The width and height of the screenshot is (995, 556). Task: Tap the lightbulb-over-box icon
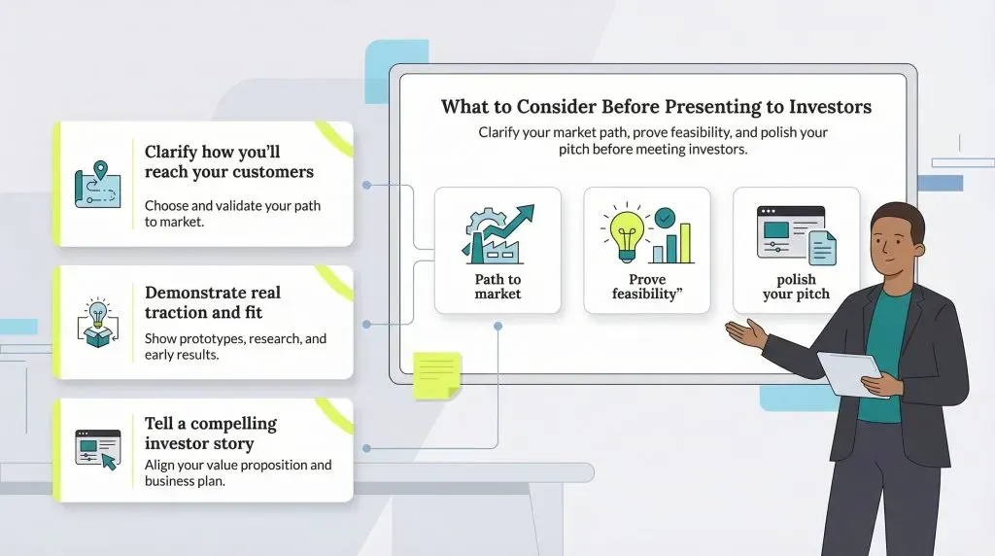[x=98, y=323]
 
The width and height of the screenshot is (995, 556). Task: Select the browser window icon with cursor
[x=98, y=449]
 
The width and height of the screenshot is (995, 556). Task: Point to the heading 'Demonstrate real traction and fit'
[x=213, y=302]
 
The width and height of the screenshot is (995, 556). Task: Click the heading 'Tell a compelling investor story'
[x=211, y=433]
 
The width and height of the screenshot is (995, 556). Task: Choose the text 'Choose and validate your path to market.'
[x=232, y=213]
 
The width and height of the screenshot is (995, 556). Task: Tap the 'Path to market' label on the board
[x=497, y=286]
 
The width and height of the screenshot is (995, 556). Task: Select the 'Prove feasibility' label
[x=646, y=286]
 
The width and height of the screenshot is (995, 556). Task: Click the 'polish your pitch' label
[x=796, y=286]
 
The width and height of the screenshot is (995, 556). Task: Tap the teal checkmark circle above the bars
[x=665, y=218]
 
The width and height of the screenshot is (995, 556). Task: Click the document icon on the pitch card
[x=822, y=248]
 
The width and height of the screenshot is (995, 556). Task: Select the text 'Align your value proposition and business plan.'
[x=238, y=472]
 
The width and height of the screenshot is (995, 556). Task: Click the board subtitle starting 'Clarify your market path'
[x=653, y=140]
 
